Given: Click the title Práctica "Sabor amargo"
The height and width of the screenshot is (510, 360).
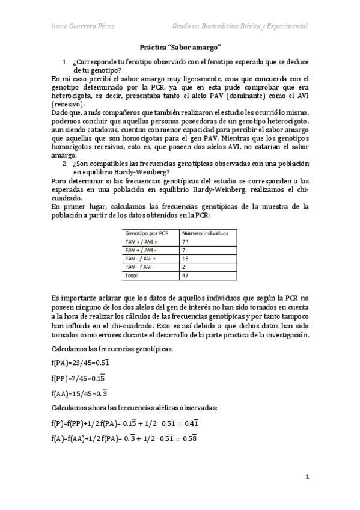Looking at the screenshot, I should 180,46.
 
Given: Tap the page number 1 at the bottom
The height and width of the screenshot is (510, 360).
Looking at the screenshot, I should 307,477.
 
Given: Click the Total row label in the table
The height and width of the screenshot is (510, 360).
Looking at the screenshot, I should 130,275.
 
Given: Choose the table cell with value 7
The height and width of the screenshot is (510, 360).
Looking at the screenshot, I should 183,249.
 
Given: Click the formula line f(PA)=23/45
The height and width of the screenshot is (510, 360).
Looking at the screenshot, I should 81,363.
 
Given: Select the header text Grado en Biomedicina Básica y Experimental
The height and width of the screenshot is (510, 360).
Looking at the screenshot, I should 240,27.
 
